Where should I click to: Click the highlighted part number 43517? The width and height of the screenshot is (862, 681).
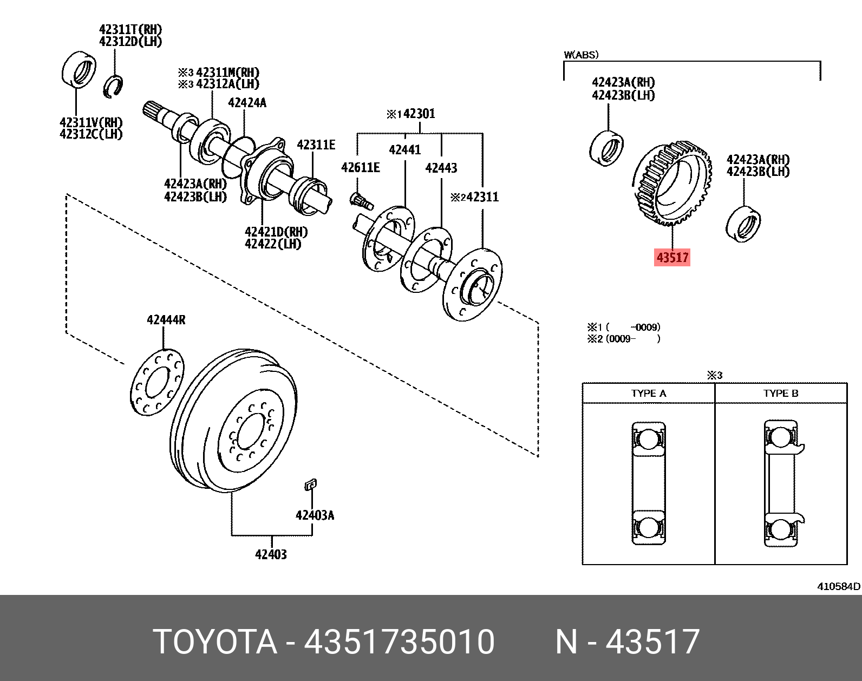pyautogui.click(x=672, y=257)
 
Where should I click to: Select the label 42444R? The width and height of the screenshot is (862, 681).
pyautogui.click(x=166, y=320)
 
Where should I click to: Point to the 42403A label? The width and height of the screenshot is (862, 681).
pyautogui.click(x=315, y=515)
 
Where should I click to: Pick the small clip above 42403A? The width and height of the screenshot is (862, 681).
pyautogui.click(x=310, y=484)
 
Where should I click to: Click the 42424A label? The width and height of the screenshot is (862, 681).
pyautogui.click(x=247, y=103)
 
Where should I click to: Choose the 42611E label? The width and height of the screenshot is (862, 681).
pyautogui.click(x=361, y=168)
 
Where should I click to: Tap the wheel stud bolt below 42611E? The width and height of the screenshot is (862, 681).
pyautogui.click(x=361, y=201)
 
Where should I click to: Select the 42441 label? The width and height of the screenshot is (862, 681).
pyautogui.click(x=405, y=150)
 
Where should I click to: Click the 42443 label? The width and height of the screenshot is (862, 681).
pyautogui.click(x=441, y=168)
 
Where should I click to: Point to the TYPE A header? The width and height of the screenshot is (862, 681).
pyautogui.click(x=649, y=394)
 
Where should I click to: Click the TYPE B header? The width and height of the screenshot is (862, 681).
pyautogui.click(x=781, y=394)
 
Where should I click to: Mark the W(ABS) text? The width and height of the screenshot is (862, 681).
pyautogui.click(x=581, y=55)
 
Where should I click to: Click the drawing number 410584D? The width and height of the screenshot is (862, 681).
pyautogui.click(x=838, y=586)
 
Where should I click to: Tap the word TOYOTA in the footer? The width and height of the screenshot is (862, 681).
pyautogui.click(x=215, y=642)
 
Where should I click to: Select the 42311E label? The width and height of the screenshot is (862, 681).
pyautogui.click(x=316, y=145)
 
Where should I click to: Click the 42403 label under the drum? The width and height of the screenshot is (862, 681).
pyautogui.click(x=271, y=554)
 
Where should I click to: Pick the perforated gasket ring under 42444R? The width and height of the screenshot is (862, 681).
pyautogui.click(x=157, y=382)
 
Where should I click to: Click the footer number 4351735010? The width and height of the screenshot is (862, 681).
pyautogui.click(x=399, y=642)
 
